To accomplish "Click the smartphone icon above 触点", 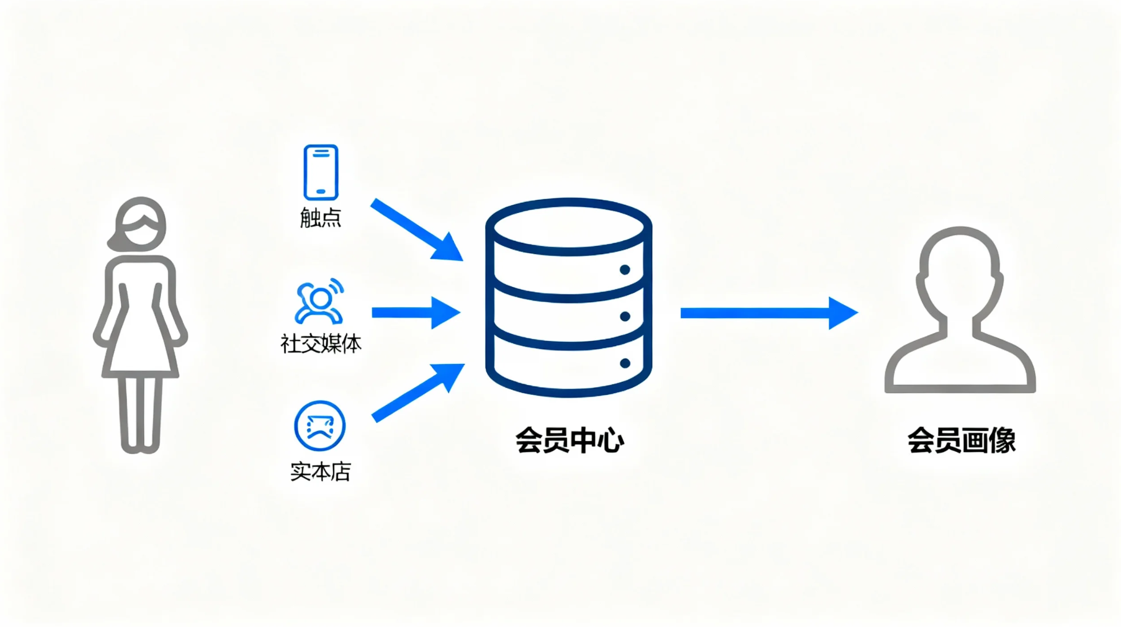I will pos(321,172).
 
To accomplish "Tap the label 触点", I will pos(321,218).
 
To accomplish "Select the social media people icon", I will pos(319,301).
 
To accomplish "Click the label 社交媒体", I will pos(321,344).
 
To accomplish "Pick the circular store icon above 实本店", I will pos(320,426).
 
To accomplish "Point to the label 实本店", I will pos(321,471).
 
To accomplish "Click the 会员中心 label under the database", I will pos(569,440).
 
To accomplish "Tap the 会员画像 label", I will pos(961,440).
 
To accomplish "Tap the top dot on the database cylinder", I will pos(625,269).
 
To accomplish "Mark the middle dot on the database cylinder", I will pos(625,316).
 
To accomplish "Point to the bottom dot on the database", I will pos(625,363).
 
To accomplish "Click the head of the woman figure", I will pos(140,225).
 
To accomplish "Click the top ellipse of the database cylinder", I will pos(569,226).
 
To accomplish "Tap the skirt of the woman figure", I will pos(140,346).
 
